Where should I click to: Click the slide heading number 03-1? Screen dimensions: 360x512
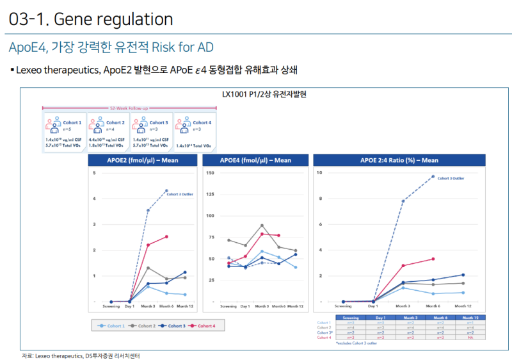28,20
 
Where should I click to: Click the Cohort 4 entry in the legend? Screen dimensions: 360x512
203,326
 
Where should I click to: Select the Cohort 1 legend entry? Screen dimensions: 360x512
112,326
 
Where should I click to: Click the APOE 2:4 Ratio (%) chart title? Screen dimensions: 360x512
399,161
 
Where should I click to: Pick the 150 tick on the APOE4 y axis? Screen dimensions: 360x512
209,173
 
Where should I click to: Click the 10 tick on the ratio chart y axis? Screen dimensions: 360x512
320,173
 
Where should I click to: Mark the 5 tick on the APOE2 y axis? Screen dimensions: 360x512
95,173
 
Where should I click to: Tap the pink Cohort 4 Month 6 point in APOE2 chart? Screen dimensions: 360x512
167,236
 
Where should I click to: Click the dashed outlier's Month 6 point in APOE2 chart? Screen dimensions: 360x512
167,190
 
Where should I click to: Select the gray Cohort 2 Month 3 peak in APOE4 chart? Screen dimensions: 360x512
262,225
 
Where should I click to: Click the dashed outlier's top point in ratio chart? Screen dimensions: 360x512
433,176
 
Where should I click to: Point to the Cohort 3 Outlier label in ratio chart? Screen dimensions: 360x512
451,178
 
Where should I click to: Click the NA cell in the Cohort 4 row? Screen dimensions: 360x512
471,337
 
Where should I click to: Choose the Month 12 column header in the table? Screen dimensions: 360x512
471,317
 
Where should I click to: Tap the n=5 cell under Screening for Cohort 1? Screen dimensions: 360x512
350,322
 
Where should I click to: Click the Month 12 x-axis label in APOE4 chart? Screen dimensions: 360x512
296,307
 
